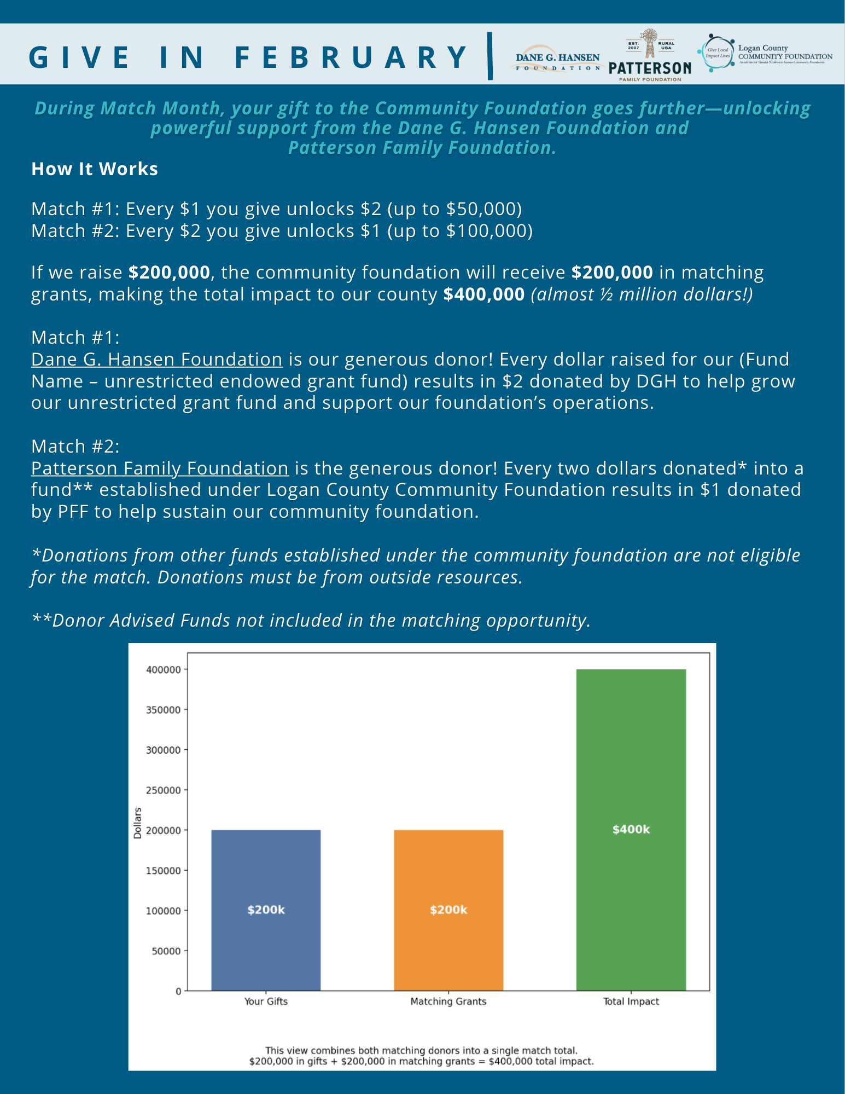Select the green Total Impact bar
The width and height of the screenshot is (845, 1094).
(x=631, y=766)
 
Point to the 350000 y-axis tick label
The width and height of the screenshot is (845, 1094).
(x=163, y=710)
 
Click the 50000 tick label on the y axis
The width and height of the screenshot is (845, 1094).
(x=166, y=951)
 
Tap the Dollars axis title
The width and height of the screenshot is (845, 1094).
(x=138, y=823)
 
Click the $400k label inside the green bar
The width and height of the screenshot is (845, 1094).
(x=631, y=830)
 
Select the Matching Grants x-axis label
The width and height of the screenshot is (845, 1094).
(x=448, y=1002)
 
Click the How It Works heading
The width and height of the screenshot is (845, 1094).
(x=95, y=169)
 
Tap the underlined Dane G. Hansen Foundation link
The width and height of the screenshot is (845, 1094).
(x=157, y=360)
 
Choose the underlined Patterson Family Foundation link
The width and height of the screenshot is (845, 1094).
(x=160, y=468)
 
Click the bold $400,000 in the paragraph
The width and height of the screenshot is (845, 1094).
(x=484, y=294)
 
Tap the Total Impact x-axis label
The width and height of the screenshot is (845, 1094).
(x=631, y=1002)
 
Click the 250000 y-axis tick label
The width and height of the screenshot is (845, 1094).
(x=163, y=790)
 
